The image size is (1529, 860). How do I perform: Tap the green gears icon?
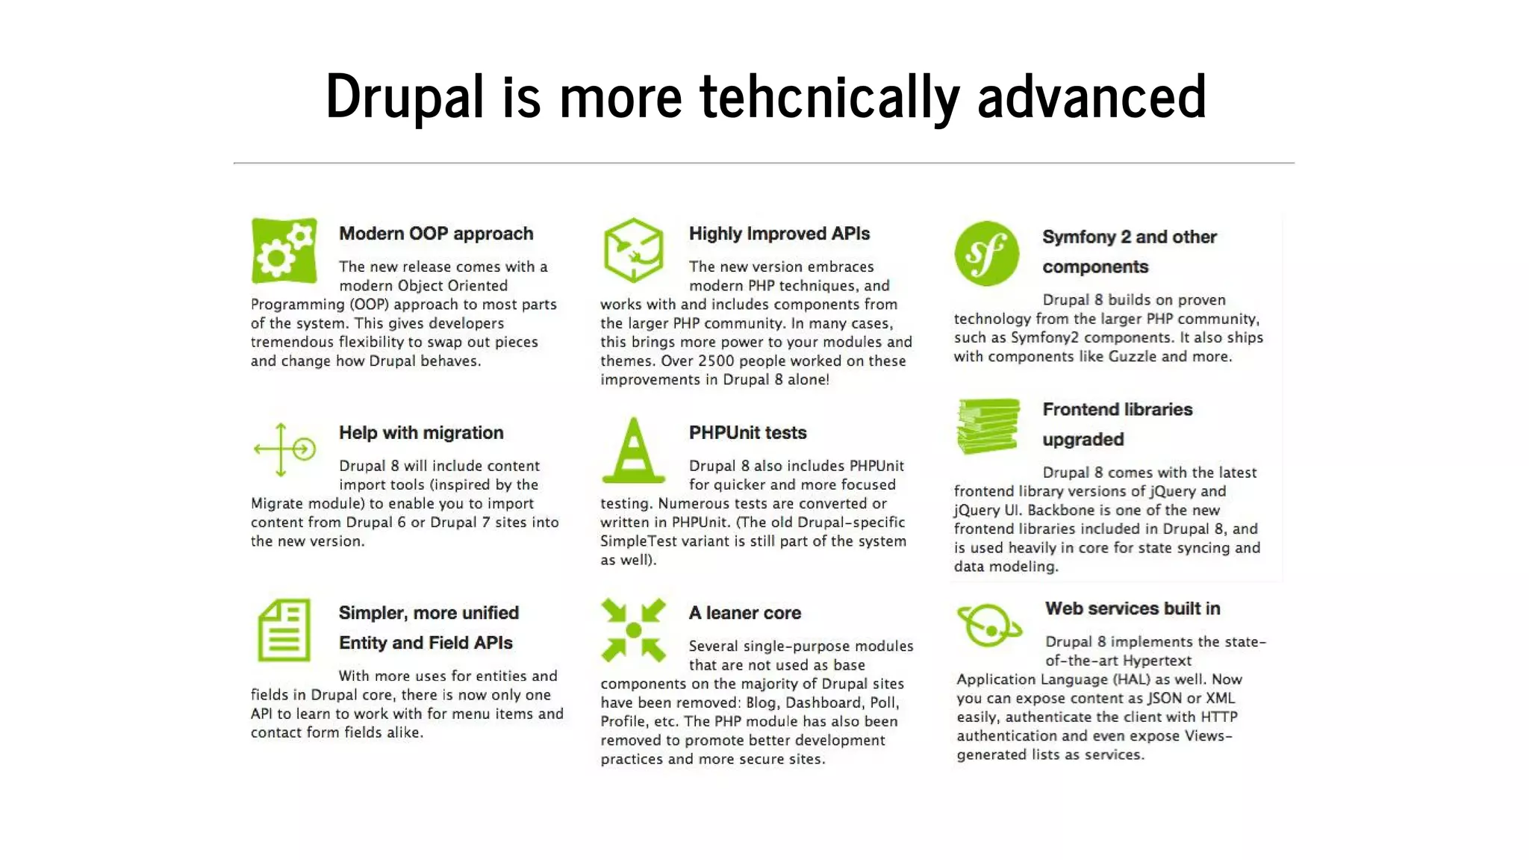coord(284,251)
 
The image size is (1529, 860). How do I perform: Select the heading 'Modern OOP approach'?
coord(436,234)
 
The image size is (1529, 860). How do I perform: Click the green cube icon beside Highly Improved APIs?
coord(633,250)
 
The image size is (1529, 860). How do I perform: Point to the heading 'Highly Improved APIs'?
coord(779,234)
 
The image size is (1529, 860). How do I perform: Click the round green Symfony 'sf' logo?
coord(986,253)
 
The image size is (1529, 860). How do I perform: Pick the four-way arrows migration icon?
coord(284,449)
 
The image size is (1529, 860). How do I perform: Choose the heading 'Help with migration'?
coord(421,433)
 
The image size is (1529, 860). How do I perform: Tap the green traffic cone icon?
coord(633,450)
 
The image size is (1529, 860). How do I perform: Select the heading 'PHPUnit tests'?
coord(747,433)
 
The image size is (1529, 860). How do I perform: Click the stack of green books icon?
coord(988,426)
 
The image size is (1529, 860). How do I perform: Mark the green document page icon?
coord(284,630)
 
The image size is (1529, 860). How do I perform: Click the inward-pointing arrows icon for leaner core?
coord(633,630)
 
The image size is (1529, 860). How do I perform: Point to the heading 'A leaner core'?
coord(744,613)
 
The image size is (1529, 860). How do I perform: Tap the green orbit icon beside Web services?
coord(988,626)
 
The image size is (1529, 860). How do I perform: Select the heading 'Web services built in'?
coord(1133,608)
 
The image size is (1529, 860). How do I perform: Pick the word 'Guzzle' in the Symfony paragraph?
coord(1132,356)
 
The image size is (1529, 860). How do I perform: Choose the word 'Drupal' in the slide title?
coord(405,97)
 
